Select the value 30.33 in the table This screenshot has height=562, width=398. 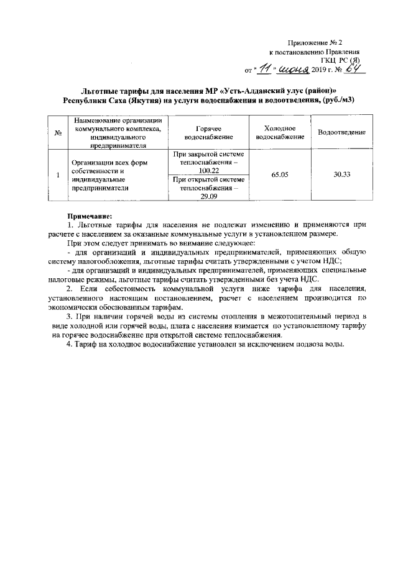tap(341, 175)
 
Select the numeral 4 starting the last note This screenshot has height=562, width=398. tap(69, 345)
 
